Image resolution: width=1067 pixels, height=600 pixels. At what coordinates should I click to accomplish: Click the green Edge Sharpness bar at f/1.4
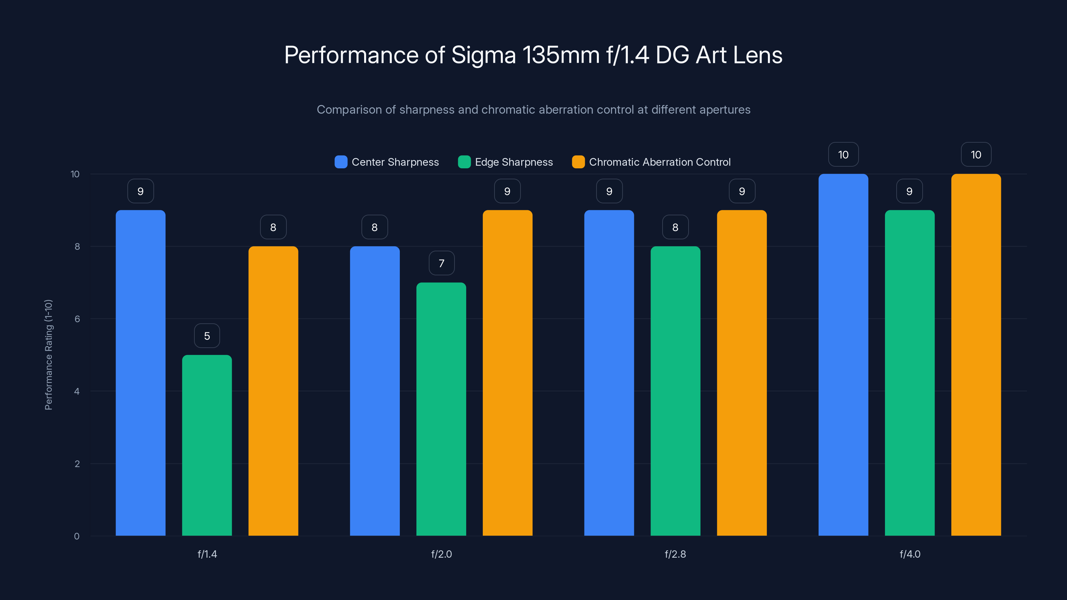pos(207,445)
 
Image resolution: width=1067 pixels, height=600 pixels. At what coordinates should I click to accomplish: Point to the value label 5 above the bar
pos(207,336)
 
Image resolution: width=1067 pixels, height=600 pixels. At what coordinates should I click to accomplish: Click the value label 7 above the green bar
pos(441,263)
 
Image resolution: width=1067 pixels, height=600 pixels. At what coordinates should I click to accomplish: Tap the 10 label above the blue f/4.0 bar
pos(843,155)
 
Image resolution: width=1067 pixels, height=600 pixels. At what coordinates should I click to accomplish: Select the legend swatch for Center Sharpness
pos(340,162)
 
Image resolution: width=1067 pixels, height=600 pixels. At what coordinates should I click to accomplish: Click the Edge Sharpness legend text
pos(513,162)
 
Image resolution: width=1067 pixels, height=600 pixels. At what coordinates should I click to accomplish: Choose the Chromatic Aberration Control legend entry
pos(660,162)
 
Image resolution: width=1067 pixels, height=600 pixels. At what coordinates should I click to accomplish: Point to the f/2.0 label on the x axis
pos(441,554)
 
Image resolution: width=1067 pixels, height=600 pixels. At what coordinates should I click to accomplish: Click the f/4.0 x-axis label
pos(910,554)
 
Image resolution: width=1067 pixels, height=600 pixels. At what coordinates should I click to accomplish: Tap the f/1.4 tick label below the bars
pos(207,554)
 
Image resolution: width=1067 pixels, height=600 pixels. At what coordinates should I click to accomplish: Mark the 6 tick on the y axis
pos(77,319)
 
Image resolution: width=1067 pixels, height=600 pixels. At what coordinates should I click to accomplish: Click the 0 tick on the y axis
pos(77,536)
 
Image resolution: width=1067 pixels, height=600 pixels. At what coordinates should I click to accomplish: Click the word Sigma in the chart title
pos(483,55)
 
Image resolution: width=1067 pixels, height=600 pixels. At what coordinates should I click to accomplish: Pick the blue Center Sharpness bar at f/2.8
pos(609,373)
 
